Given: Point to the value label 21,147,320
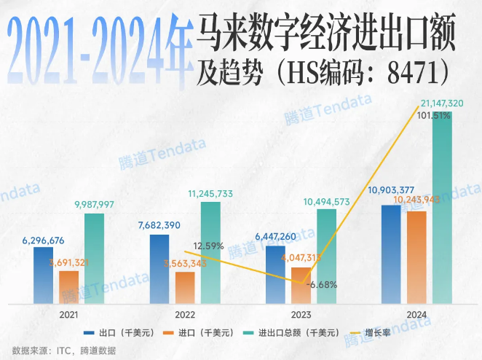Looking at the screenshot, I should click(x=446, y=104).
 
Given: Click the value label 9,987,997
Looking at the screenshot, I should click(x=94, y=204).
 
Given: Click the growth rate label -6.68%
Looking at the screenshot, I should click(x=321, y=285).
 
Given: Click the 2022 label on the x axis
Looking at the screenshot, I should click(x=185, y=314).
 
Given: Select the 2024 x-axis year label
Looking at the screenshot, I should click(x=417, y=314).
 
